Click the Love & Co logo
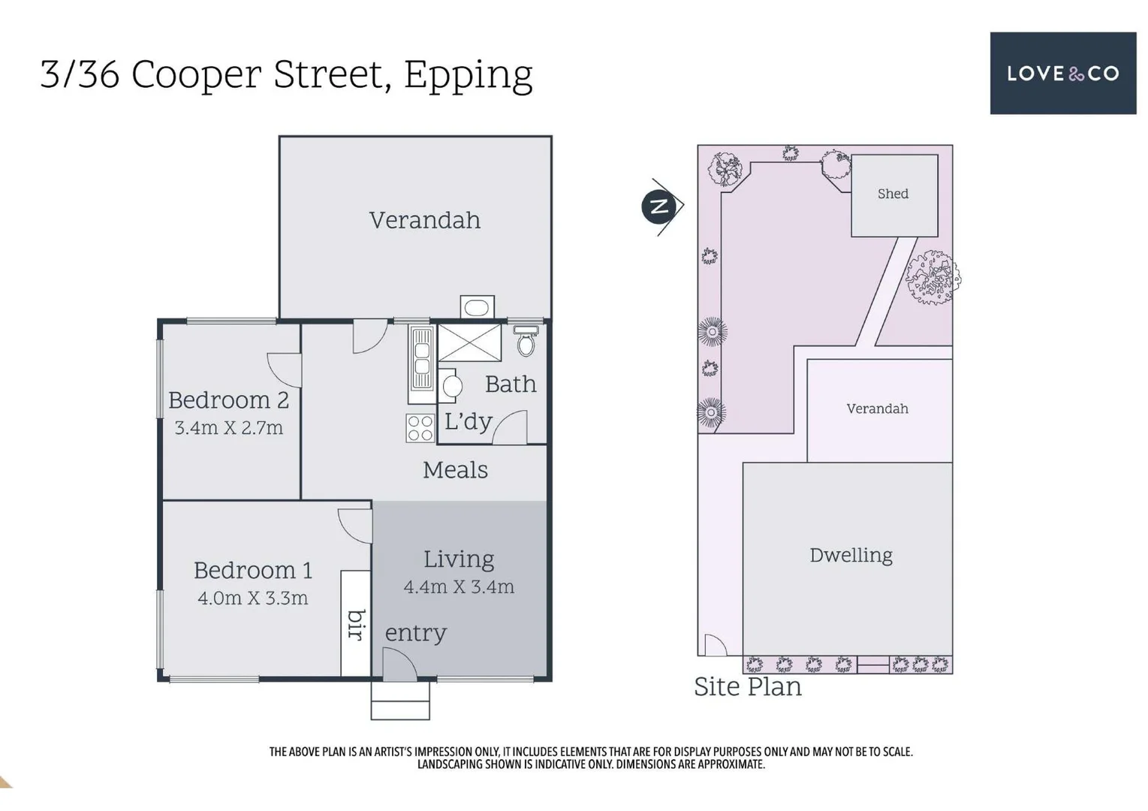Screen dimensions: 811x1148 click(1062, 73)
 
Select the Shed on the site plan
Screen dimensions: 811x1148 click(893, 194)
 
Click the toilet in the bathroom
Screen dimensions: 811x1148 click(526, 342)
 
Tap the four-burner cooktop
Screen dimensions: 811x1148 click(420, 428)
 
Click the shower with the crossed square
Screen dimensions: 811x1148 click(469, 343)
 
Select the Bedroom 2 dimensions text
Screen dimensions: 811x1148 click(228, 428)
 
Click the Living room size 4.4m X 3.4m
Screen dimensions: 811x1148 click(458, 586)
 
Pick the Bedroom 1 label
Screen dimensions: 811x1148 click(252, 570)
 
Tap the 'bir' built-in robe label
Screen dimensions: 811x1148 click(357, 624)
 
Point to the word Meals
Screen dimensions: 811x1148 click(455, 470)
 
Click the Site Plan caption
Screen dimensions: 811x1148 click(747, 686)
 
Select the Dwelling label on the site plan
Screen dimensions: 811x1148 click(851, 555)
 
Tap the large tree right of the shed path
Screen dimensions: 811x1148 click(933, 278)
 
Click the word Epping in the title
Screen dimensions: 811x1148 click(468, 75)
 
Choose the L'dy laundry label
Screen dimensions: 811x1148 click(468, 421)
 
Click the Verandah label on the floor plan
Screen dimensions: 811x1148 click(424, 220)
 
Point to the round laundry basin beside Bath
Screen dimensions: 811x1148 click(452, 386)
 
